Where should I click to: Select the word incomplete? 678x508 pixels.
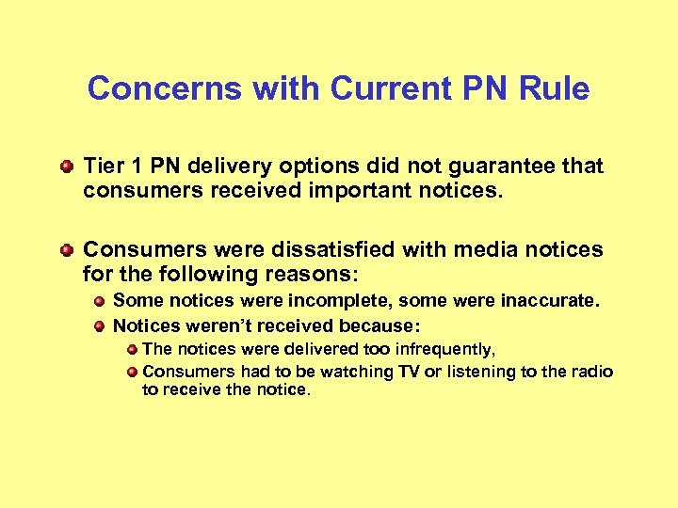(x=326, y=301)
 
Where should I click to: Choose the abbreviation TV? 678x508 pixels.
(x=408, y=372)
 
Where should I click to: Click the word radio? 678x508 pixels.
(x=591, y=372)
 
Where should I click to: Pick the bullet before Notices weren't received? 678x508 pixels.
(x=100, y=326)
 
